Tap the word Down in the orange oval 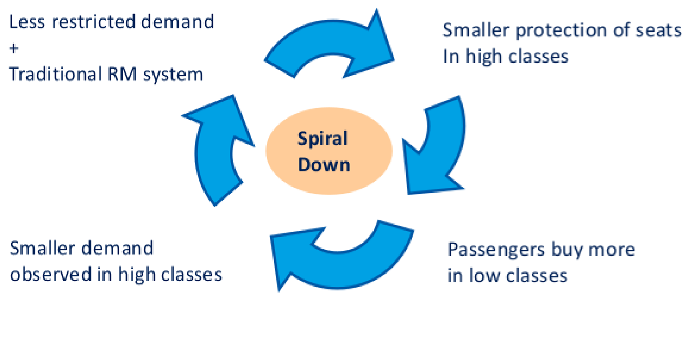tap(324, 164)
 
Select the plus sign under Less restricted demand tap(14, 48)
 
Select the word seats tap(659, 31)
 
